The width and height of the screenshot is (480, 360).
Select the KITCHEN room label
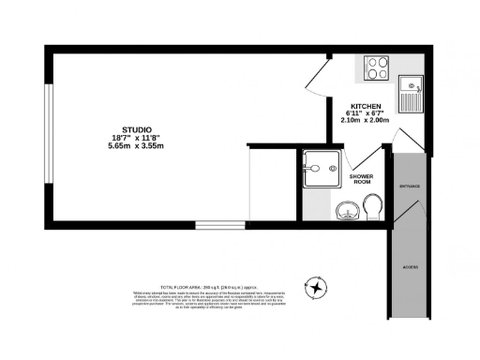click(366, 106)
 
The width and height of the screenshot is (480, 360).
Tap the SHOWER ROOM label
click(362, 179)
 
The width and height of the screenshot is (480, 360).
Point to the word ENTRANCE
click(410, 187)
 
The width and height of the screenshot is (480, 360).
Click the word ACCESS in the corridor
click(411, 267)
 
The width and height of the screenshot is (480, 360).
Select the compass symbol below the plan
click(319, 287)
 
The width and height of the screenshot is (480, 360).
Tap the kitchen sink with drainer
click(411, 94)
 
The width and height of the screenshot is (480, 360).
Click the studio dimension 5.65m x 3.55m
click(137, 146)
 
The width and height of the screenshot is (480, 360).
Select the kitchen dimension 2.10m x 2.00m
click(366, 121)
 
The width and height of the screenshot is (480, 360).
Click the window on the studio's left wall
click(49, 135)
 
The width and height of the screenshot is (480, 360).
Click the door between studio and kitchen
click(318, 80)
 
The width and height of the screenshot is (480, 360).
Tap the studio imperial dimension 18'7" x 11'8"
click(137, 138)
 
